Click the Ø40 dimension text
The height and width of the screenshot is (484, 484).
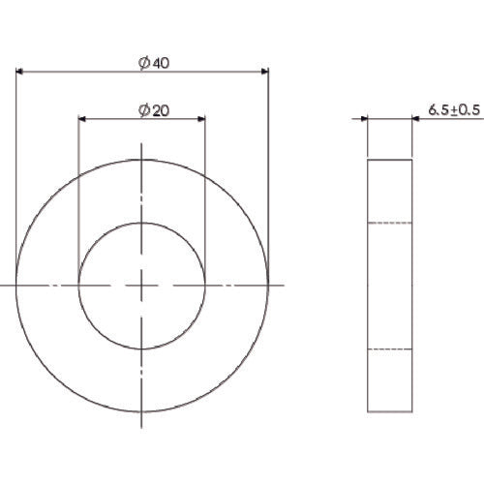click(155, 63)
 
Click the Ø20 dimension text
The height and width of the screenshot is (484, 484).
click(155, 110)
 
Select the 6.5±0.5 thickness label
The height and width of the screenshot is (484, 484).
click(453, 110)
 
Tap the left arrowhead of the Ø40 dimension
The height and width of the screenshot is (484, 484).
click(20, 71)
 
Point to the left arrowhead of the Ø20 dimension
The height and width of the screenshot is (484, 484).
click(83, 119)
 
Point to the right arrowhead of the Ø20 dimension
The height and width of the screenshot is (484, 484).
click(200, 119)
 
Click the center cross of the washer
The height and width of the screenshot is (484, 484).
click(142, 286)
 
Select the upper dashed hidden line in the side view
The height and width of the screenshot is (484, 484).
click(391, 223)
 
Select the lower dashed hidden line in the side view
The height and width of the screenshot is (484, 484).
click(391, 348)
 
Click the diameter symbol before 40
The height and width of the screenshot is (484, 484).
click(143, 63)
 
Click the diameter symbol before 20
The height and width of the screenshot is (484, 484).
click(143, 110)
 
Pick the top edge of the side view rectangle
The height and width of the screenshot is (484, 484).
click(391, 159)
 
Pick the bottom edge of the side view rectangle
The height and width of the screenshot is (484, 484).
click(391, 411)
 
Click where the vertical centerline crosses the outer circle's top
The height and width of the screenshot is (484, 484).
click(142, 160)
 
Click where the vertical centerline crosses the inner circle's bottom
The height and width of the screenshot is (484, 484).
click(142, 348)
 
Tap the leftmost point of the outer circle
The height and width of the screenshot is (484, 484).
click(16, 286)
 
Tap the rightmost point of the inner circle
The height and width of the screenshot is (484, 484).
click(205, 286)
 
